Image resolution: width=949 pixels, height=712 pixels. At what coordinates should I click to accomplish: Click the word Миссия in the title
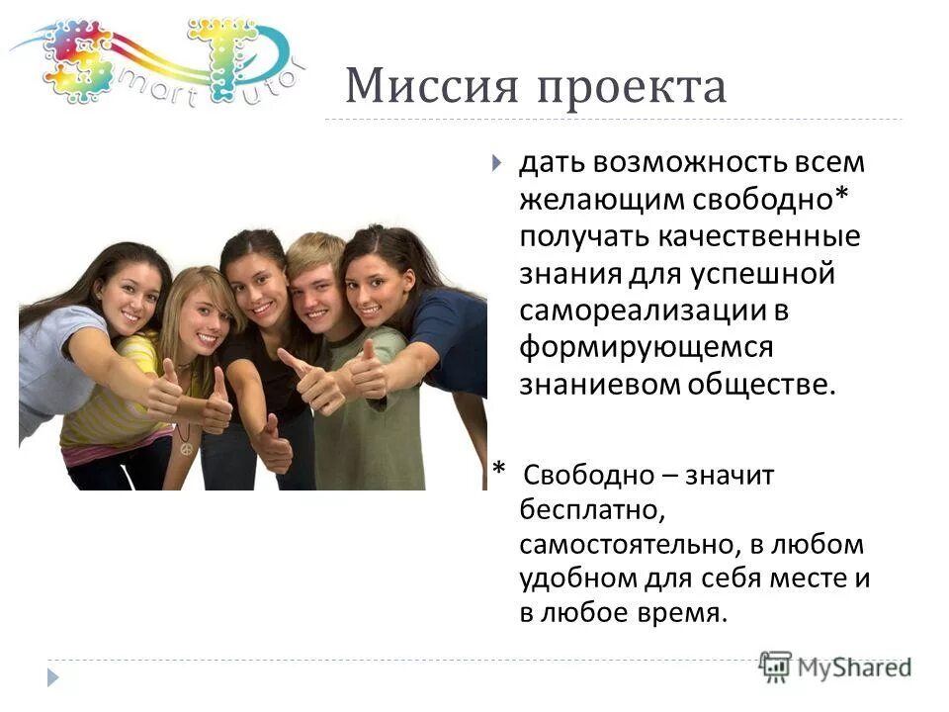pyautogui.click(x=431, y=88)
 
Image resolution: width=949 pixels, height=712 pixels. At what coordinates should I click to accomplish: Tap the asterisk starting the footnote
pyautogui.click(x=499, y=471)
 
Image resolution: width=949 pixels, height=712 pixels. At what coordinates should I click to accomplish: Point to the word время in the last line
pyautogui.click(x=685, y=612)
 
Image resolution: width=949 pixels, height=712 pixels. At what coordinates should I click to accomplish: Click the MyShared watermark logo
pyautogui.click(x=836, y=667)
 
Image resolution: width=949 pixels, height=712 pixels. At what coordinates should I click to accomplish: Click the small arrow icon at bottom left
pyautogui.click(x=53, y=677)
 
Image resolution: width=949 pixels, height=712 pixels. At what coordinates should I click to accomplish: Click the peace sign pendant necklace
pyautogui.click(x=185, y=448)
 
